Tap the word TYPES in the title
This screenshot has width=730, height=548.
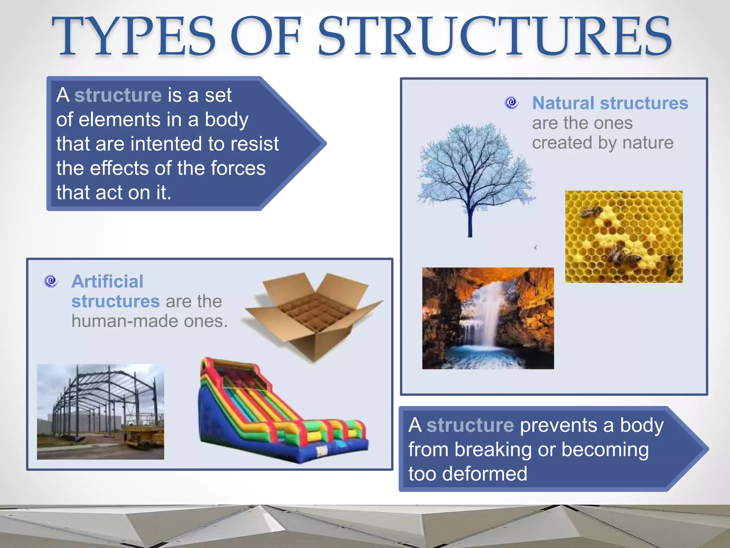134,36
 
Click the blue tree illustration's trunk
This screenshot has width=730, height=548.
470,221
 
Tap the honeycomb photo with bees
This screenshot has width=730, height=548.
624,237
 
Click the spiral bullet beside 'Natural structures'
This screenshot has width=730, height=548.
511,103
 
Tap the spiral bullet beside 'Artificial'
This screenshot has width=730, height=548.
51,281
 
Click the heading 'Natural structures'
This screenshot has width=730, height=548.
610,103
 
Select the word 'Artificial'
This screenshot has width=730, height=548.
107,281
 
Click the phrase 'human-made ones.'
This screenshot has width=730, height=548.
149,321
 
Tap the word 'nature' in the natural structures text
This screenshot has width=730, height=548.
648,143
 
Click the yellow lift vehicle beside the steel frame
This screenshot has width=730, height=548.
144,433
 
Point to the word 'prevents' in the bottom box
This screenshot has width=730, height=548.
558,425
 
